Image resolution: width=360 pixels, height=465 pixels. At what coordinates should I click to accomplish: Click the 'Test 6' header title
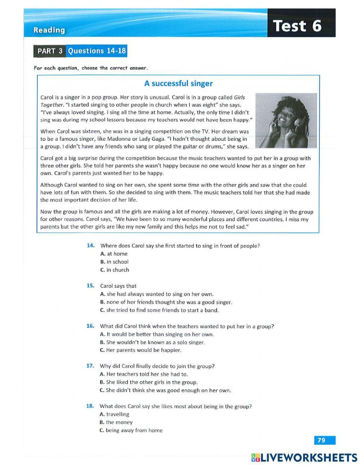pyautogui.click(x=297, y=26)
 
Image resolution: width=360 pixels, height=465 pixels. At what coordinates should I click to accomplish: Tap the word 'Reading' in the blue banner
pyautogui.click(x=49, y=30)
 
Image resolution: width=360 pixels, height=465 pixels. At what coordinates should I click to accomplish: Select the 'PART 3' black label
pyautogui.click(x=50, y=51)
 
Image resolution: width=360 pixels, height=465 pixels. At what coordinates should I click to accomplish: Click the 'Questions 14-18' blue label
pyautogui.click(x=97, y=51)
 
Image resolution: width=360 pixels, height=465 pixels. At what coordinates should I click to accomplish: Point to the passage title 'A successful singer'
pyautogui.click(x=178, y=84)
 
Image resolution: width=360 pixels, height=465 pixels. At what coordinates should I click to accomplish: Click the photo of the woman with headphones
pyautogui.click(x=286, y=121)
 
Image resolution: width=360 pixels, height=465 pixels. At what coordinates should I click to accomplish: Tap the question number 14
pyautogui.click(x=91, y=246)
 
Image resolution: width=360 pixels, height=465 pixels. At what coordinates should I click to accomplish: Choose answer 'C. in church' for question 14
pyautogui.click(x=115, y=270)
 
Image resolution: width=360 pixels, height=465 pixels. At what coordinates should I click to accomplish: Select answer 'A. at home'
pyautogui.click(x=114, y=254)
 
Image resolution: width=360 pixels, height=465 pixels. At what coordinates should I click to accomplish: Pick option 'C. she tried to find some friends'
pyautogui.click(x=159, y=310)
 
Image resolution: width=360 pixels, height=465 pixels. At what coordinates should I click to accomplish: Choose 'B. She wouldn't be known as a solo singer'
pyautogui.click(x=152, y=342)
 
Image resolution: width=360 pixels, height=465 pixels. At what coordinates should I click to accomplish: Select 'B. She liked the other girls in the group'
pyautogui.click(x=149, y=382)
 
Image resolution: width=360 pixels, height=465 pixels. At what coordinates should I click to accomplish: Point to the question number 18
pyautogui.click(x=90, y=406)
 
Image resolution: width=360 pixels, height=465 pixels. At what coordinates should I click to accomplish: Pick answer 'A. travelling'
pyautogui.click(x=114, y=414)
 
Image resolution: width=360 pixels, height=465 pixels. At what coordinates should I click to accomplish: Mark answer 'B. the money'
pyautogui.click(x=116, y=422)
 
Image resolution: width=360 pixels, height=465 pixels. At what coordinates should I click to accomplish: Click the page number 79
pyautogui.click(x=322, y=440)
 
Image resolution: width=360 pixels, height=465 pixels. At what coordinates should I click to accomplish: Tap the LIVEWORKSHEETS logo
pyautogui.click(x=304, y=457)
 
